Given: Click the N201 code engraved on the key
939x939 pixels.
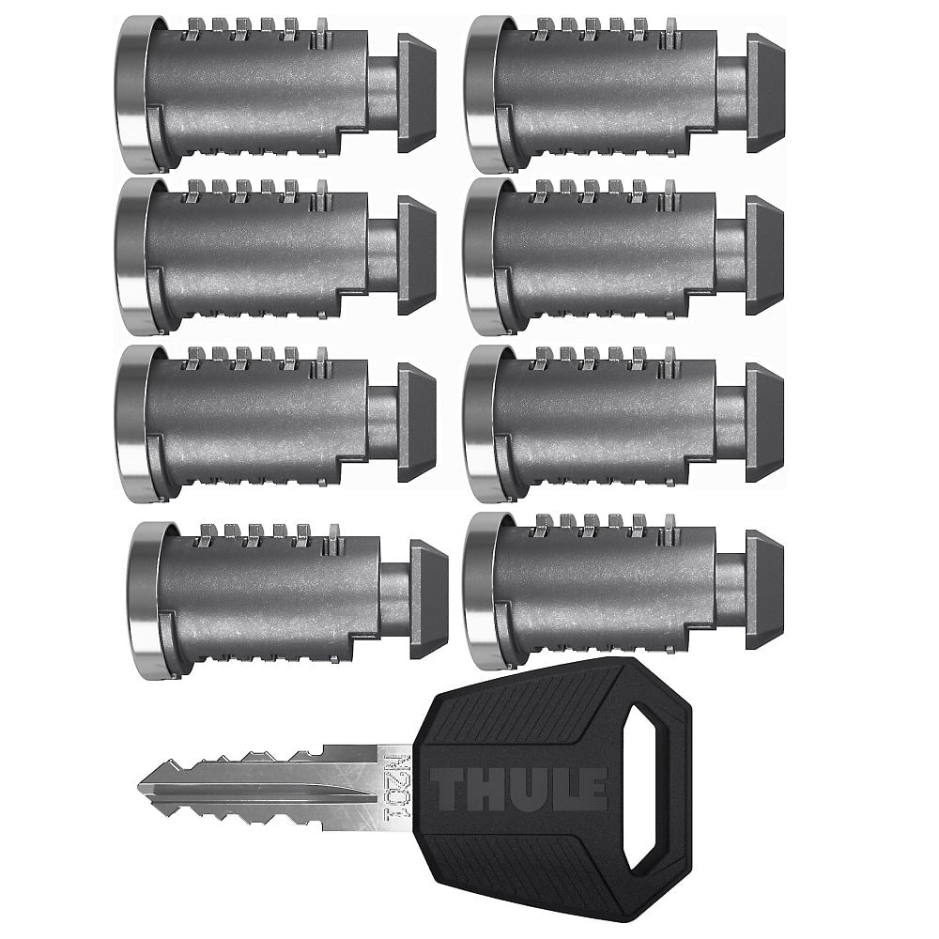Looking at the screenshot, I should coord(397,787).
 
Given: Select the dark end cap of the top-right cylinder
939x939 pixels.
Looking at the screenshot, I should coord(764,93).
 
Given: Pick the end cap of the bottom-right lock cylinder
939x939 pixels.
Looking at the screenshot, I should coord(764,589).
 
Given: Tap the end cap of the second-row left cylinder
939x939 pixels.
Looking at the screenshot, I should coord(416,255).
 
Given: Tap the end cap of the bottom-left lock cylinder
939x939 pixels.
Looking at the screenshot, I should coord(428,599).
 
